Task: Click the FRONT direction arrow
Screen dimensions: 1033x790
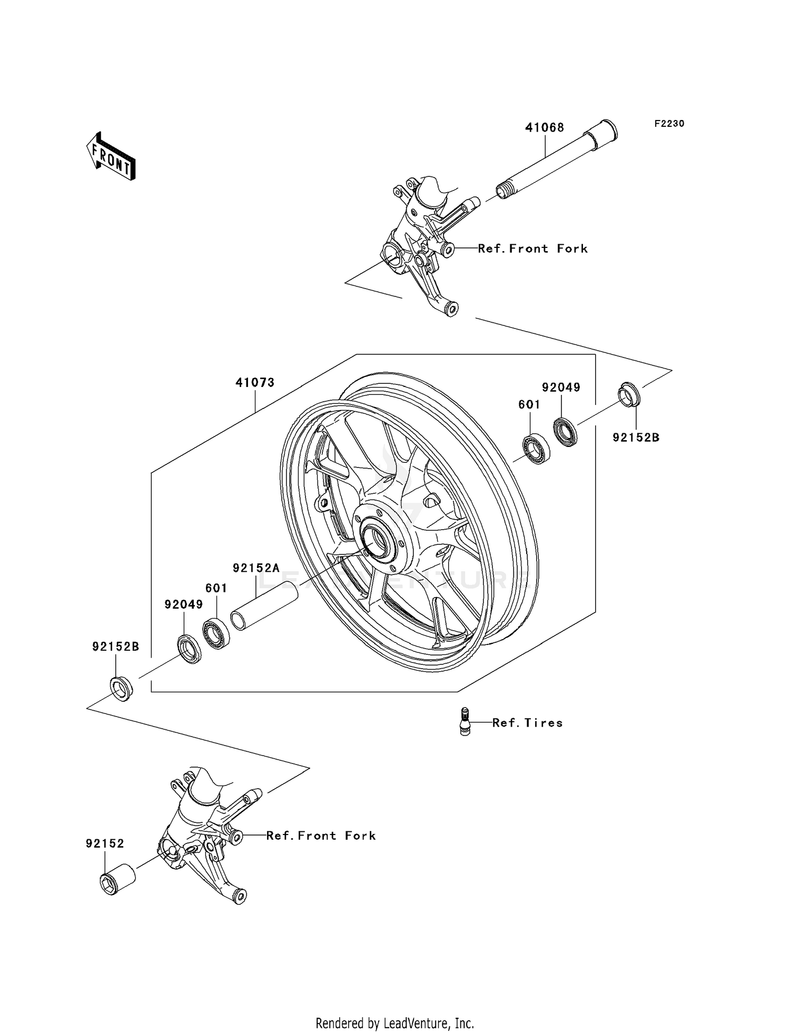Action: tap(111, 157)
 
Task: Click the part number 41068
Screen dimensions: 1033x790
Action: tap(544, 127)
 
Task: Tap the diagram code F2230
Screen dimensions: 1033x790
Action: tap(669, 124)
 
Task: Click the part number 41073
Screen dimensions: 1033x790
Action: tap(255, 383)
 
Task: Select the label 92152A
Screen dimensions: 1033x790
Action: tap(256, 568)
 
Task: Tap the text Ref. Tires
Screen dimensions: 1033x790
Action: tap(527, 723)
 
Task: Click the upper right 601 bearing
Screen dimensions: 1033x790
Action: tap(536, 449)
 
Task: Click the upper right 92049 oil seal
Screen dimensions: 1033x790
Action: tap(565, 432)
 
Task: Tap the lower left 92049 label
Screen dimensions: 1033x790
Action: tap(183, 604)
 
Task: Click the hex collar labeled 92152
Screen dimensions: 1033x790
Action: tap(117, 880)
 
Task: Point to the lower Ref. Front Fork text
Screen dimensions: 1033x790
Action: tap(321, 836)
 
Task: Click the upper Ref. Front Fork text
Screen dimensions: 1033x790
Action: tap(532, 249)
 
